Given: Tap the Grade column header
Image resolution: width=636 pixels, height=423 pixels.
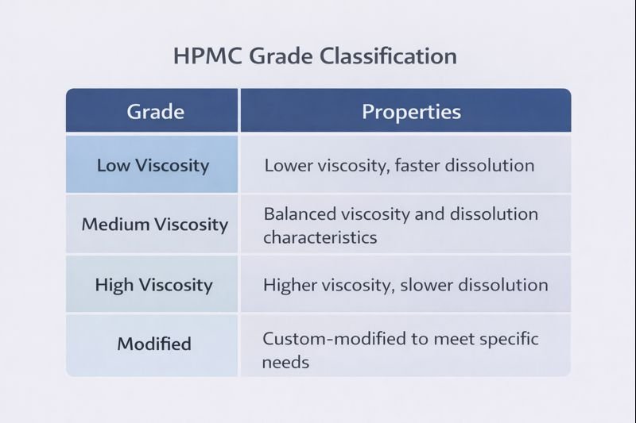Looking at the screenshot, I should pyautogui.click(x=155, y=111).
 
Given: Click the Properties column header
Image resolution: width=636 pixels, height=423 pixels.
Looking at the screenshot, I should pyautogui.click(x=411, y=111).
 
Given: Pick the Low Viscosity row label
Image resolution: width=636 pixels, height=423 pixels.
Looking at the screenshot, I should pyautogui.click(x=153, y=166).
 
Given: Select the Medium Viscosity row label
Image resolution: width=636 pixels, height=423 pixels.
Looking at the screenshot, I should pyautogui.click(x=154, y=225).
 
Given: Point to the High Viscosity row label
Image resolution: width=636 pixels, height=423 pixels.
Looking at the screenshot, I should pyautogui.click(x=153, y=284).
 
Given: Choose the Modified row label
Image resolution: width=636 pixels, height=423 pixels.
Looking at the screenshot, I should pyautogui.click(x=154, y=344).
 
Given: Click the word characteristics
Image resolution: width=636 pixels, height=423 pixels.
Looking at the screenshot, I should pyautogui.click(x=320, y=237).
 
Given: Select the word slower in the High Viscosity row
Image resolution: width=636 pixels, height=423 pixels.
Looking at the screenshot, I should pyautogui.click(x=436, y=284).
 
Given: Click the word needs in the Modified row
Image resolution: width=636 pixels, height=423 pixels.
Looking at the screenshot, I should pyautogui.click(x=285, y=363).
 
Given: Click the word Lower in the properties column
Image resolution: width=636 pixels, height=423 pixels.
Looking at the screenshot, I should pyautogui.click(x=287, y=166).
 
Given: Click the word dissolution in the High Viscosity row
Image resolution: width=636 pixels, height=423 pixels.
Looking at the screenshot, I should pyautogui.click(x=506, y=284).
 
